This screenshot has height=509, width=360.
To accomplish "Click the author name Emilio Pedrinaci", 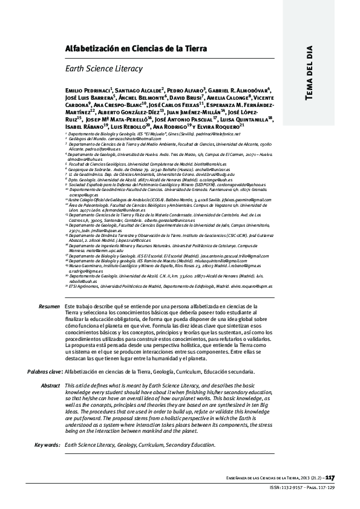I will coord(87,89).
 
